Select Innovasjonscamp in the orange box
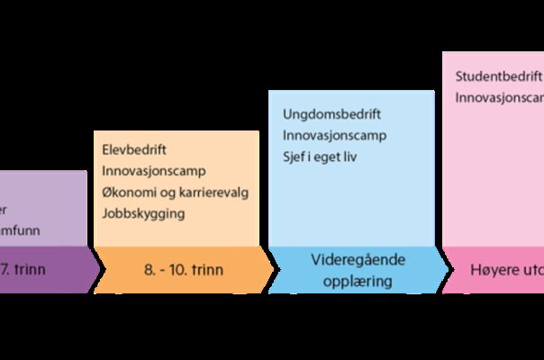click(154, 171)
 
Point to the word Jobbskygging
click(143, 214)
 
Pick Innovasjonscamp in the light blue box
click(334, 135)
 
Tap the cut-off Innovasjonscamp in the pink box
click(499, 96)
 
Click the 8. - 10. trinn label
click(185, 269)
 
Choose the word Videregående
click(358, 260)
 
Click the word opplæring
click(358, 281)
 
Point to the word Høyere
click(492, 269)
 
